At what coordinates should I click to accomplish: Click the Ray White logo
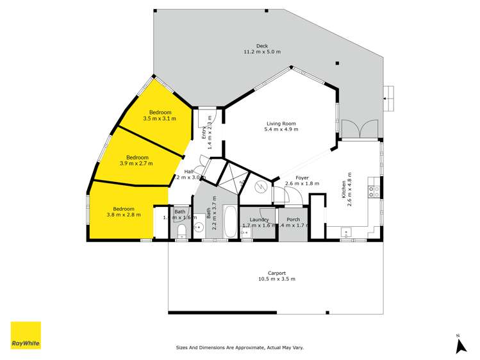(26, 335)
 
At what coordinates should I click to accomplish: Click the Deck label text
(261, 49)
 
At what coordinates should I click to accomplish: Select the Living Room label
(282, 126)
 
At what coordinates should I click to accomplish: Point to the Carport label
(276, 275)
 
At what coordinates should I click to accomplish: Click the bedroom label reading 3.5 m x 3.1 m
(159, 115)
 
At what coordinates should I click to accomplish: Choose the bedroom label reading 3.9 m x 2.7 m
(137, 160)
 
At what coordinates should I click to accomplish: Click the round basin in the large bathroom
(199, 227)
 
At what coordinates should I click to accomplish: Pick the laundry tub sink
(247, 233)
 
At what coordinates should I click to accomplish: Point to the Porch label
(293, 219)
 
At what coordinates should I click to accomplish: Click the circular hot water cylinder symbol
(261, 187)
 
